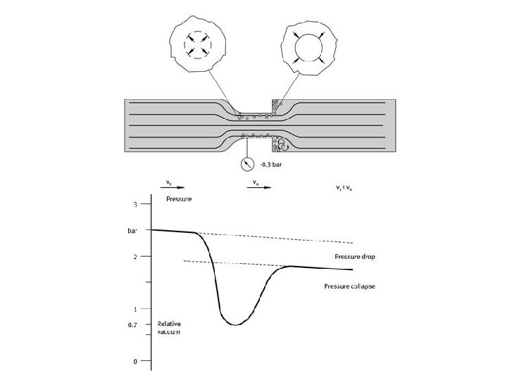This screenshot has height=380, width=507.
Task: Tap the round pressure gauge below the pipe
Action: [x=247, y=163]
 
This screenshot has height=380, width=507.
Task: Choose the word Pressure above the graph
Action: [x=179, y=200]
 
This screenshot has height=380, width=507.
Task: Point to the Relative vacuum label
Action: [x=169, y=327]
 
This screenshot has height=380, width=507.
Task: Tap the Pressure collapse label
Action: [x=349, y=286]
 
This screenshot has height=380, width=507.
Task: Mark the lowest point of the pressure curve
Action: [x=236, y=324]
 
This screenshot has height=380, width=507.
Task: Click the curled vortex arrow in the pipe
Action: [x=282, y=144]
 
